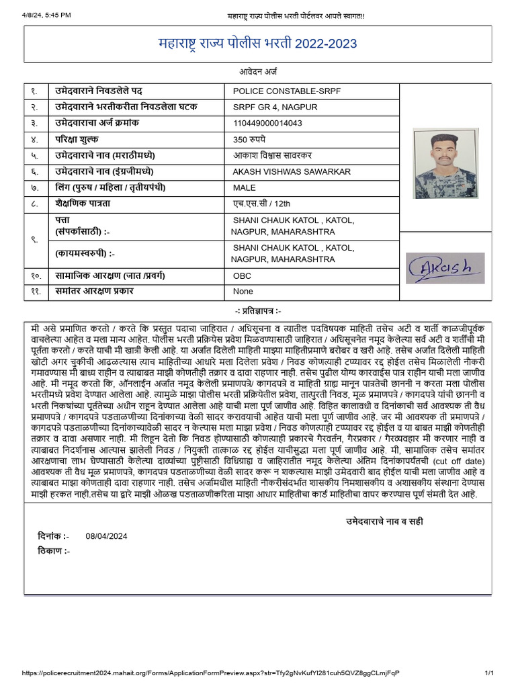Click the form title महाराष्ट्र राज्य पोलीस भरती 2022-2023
point(257,44)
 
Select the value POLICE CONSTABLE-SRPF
point(277,91)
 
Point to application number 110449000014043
point(267,123)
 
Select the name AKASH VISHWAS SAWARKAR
point(292,172)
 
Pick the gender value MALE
point(245,188)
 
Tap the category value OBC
point(243,275)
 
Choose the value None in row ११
point(243,292)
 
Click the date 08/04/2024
point(106,536)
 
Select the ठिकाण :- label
point(54,551)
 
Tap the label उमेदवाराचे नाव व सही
point(384,521)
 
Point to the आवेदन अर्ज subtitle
point(257,71)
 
